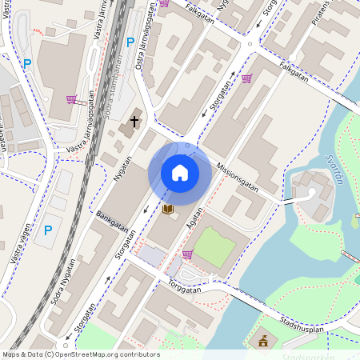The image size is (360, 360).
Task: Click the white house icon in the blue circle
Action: [x=180, y=172]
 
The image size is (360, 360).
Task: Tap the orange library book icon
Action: [x=168, y=210]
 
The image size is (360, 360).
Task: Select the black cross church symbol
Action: [x=134, y=122]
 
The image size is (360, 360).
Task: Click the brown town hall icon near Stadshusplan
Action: [x=262, y=342]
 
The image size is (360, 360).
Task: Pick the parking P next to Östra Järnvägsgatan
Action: [x=130, y=42]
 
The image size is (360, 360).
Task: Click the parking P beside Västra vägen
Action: [x=48, y=230]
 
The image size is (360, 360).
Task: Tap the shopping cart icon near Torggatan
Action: [x=187, y=254]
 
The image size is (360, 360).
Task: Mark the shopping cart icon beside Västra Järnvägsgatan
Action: [x=71, y=100]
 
